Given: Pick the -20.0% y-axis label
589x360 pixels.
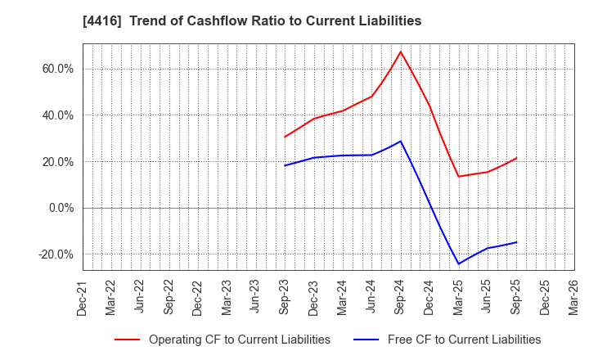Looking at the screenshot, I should (54, 254).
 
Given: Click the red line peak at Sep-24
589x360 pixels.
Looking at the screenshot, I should (401, 52).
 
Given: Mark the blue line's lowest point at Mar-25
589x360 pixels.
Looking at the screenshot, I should (458, 263).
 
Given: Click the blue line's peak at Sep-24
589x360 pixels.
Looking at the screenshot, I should (401, 141).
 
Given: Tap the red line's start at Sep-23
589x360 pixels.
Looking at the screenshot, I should (285, 137).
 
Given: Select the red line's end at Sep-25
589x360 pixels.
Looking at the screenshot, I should (516, 158).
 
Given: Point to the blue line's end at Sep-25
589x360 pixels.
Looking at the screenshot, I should (516, 241).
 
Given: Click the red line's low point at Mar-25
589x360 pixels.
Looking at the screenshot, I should (458, 177).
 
